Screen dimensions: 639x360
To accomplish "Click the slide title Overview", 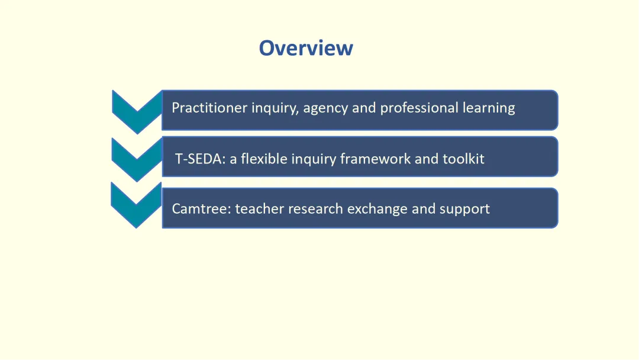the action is pos(306,48).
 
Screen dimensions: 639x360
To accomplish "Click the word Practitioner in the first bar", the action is pos(209,108).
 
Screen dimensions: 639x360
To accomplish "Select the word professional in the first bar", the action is pos(419,108).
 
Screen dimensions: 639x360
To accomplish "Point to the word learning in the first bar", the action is pos(489,108).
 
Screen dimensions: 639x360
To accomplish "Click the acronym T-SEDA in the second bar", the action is pos(200,159).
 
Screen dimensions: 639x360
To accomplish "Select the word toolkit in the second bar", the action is pos(463,159).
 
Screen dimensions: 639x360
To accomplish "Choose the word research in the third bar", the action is pos(315,209).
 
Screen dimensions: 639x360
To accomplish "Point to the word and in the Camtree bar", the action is pos(424,209).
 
